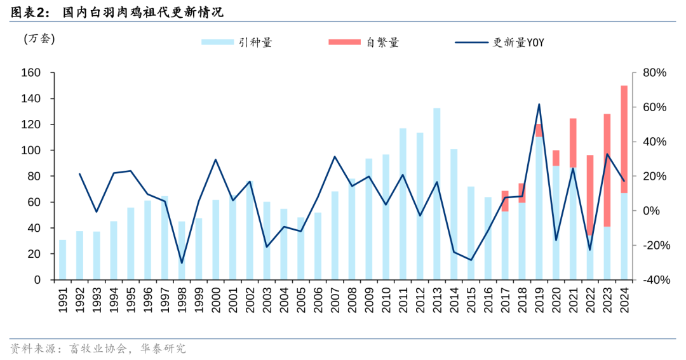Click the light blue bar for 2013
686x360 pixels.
pyautogui.click(x=437, y=194)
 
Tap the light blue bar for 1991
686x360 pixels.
pyautogui.click(x=62, y=260)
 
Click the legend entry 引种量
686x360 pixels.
pyautogui.click(x=237, y=43)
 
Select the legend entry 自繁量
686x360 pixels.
pyautogui.click(x=364, y=43)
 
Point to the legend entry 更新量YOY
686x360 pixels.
pyautogui.click(x=500, y=43)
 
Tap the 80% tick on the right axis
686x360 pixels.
pyautogui.click(x=654, y=73)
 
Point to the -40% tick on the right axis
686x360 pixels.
pyautogui.click(x=653, y=280)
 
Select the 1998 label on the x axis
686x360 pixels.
pyautogui.click(x=182, y=298)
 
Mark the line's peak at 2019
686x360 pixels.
pyautogui.click(x=539, y=104)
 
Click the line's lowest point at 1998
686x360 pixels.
pyautogui.click(x=182, y=262)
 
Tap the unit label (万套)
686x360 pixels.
pyautogui.click(x=39, y=39)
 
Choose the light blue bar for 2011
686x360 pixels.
pyautogui.click(x=403, y=204)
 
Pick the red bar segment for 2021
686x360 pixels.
pyautogui.click(x=573, y=143)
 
